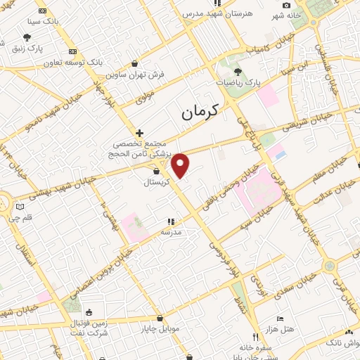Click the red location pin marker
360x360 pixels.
[181, 165]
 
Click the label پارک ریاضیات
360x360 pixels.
[238, 82]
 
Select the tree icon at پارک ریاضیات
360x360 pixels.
[238, 72]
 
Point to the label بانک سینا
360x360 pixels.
[43, 22]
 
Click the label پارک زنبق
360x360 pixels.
[27, 49]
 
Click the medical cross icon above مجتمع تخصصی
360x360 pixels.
[139, 133]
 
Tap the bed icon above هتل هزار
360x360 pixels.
[281, 319]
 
